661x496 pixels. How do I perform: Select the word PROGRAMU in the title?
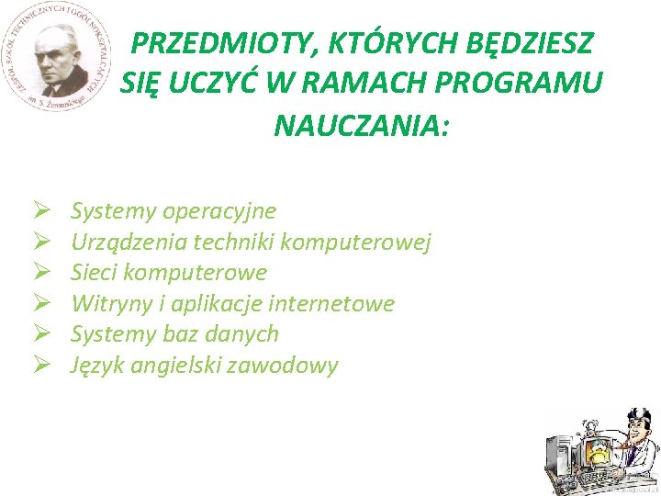point(532,84)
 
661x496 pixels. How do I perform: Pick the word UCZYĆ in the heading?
point(210,84)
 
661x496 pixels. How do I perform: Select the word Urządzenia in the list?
point(117,242)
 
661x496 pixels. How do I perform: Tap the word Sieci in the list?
point(94,273)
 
